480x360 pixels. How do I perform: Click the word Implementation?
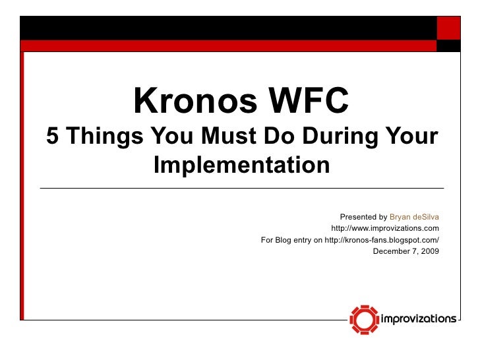(241, 164)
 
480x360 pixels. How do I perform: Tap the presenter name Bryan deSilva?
(414, 217)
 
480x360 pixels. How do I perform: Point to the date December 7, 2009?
(405, 251)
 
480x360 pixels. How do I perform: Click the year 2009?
(429, 251)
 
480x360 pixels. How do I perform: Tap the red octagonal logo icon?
(364, 319)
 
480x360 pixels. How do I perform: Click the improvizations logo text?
(419, 319)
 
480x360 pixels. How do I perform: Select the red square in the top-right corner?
(449, 28)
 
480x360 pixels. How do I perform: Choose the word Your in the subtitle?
(411, 137)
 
